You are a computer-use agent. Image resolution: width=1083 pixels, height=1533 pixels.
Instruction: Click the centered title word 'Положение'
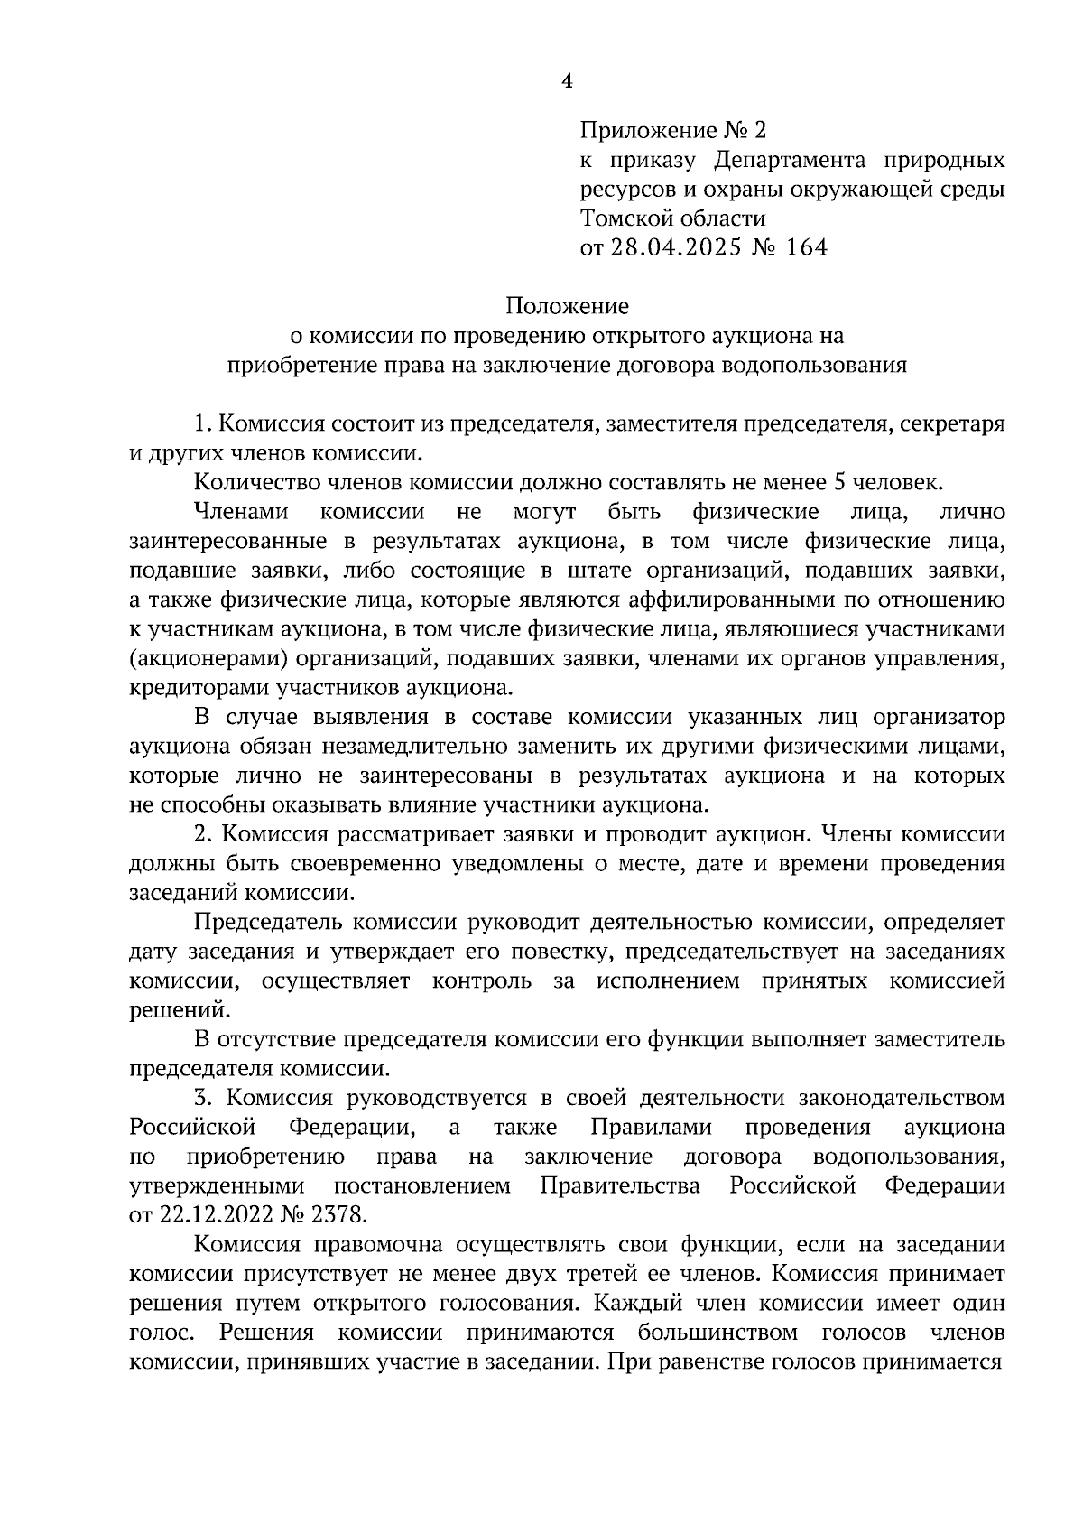click(567, 306)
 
